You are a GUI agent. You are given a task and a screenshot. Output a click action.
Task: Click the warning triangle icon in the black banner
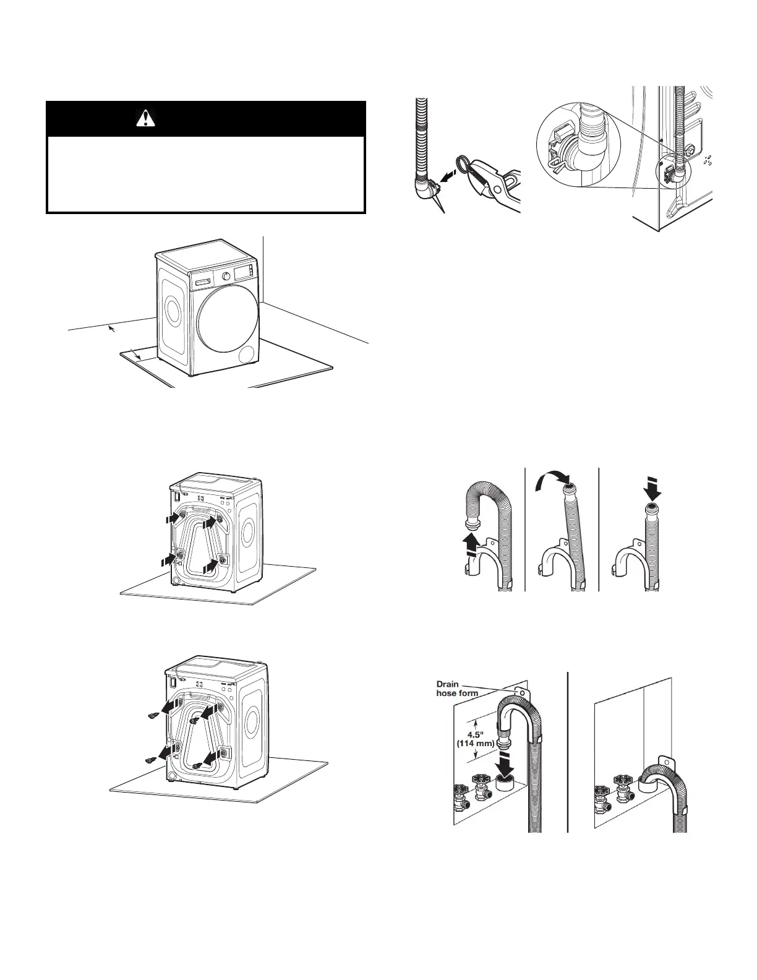145,118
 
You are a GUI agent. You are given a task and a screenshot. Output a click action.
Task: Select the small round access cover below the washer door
247,355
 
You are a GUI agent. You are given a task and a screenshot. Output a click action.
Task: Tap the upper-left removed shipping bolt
152,716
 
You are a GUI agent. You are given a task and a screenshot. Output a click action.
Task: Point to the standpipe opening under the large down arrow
507,786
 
